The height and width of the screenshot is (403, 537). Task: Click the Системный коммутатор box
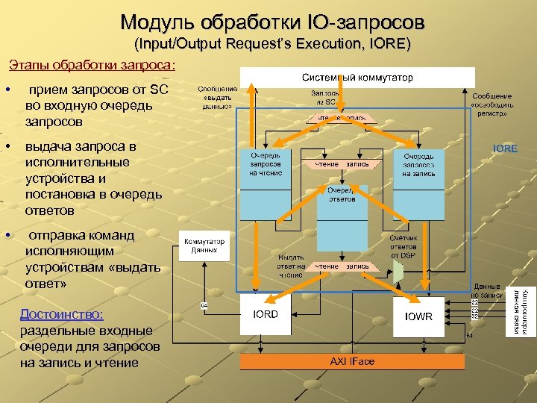coord(357,78)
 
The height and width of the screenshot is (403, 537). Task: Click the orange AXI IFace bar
coord(352,361)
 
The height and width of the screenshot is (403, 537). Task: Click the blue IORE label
coord(505,149)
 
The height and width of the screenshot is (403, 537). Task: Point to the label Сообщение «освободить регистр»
coord(492,104)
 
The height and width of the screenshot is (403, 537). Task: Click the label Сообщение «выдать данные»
coord(218,97)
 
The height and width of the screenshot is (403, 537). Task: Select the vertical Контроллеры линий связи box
coord(521,311)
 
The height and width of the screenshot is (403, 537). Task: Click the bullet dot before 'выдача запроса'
coord(7,146)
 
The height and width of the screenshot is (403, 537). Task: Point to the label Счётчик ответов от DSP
coord(403,246)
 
